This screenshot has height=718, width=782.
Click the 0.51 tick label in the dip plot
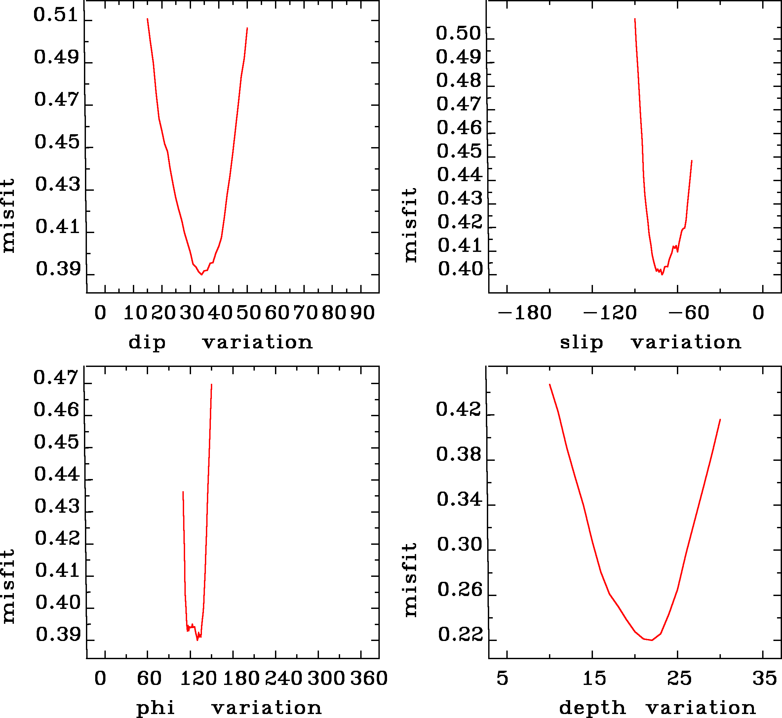coord(56,15)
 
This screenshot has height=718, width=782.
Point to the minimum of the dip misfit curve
coord(201,275)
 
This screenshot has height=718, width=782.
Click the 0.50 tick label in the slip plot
coord(458,33)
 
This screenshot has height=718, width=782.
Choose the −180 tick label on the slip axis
coord(525,313)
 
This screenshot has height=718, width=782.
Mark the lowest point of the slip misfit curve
coord(662,275)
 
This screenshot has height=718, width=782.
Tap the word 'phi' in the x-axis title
coord(155,708)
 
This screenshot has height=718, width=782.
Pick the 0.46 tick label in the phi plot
coord(56,410)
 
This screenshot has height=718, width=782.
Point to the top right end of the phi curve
coord(211,384)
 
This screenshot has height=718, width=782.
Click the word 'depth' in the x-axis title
coord(592,708)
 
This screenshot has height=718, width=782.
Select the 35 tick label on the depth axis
coord(764,678)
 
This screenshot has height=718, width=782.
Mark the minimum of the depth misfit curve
coord(652,640)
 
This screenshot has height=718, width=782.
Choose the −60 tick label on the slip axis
coord(688,313)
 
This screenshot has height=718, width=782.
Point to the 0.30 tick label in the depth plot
coord(459,544)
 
